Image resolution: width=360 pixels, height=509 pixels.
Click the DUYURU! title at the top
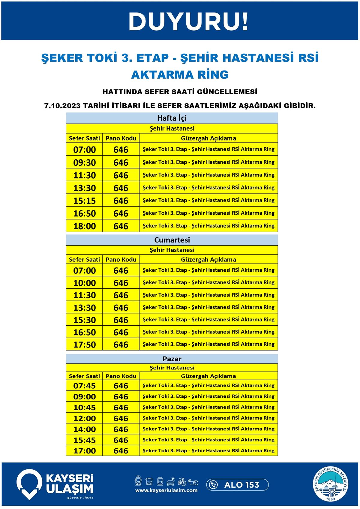[188, 22]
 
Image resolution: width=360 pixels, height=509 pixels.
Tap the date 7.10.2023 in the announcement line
[62, 106]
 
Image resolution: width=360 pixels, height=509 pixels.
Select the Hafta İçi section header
[172, 118]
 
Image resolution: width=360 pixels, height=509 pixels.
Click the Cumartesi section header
[172, 240]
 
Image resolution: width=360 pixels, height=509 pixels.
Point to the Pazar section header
[172, 359]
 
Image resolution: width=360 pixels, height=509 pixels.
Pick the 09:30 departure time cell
[85, 162]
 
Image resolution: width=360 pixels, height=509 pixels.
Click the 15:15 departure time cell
[85, 200]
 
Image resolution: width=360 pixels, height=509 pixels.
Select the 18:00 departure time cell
[85, 226]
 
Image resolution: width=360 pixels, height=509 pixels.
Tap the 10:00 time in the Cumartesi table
[85, 283]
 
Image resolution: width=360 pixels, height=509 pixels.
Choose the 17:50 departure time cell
[85, 344]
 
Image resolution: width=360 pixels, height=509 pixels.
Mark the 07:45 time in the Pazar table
[85, 386]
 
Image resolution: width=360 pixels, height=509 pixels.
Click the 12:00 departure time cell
[85, 418]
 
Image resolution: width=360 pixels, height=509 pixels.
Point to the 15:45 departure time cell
[85, 440]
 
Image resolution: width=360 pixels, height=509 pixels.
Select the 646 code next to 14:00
[121, 429]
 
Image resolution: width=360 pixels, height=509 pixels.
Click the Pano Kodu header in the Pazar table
[121, 376]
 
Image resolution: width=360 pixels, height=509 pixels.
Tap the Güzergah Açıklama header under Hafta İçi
[208, 138]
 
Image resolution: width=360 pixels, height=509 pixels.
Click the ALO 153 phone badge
[237, 485]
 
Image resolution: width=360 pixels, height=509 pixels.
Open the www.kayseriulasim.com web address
[166, 490]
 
